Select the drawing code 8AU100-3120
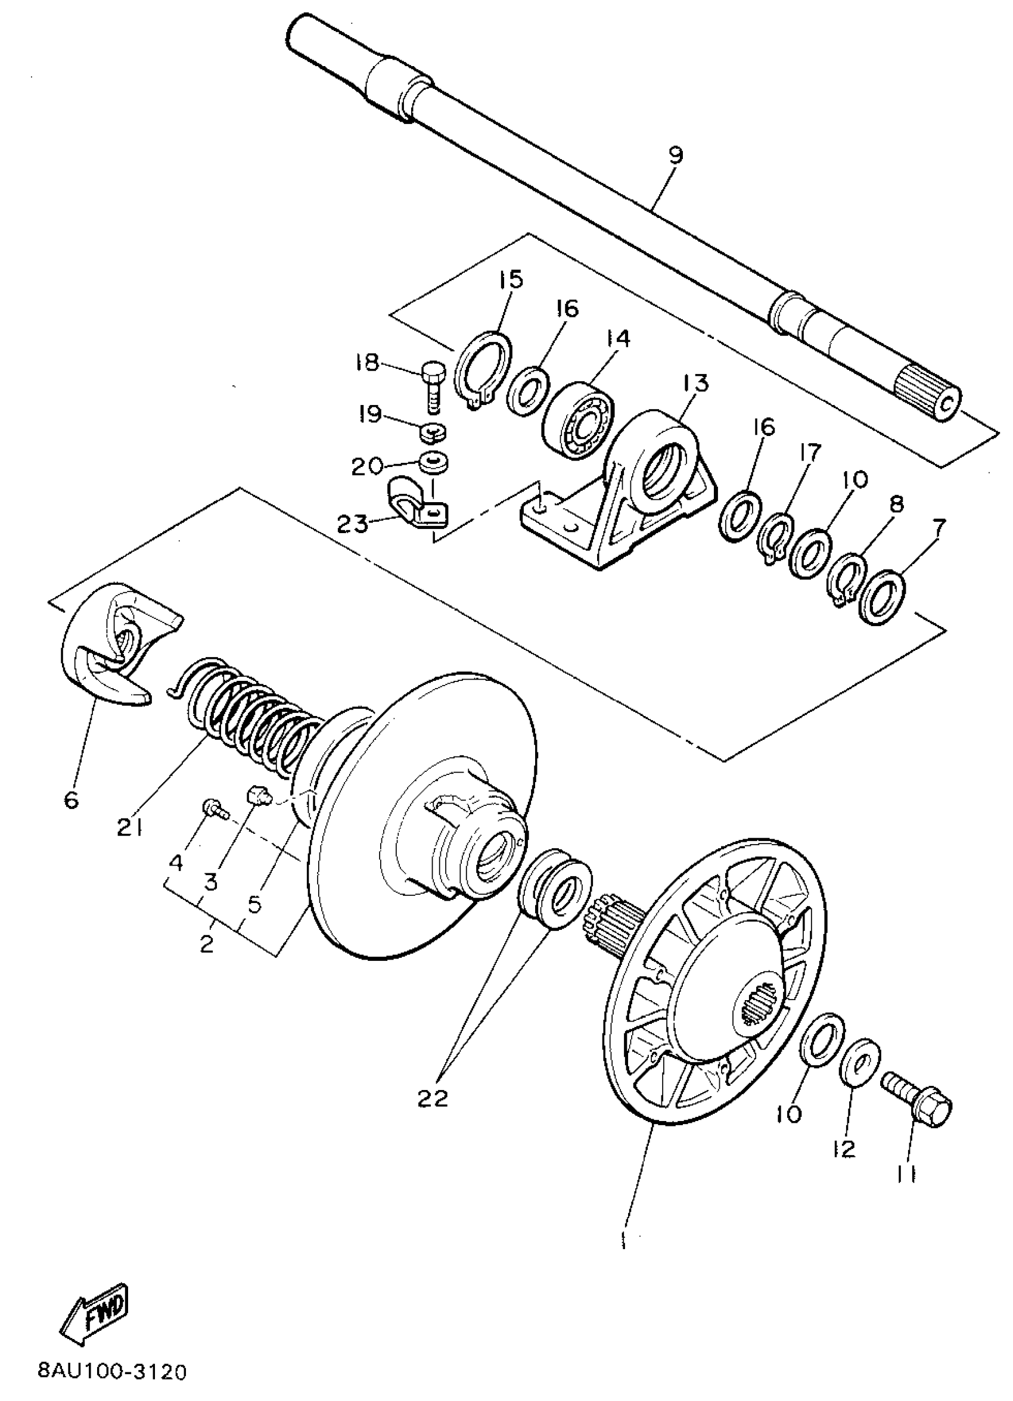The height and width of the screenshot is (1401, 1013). [112, 1372]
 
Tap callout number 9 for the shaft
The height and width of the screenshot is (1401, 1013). [676, 155]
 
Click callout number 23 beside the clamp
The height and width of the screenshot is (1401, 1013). [352, 524]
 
